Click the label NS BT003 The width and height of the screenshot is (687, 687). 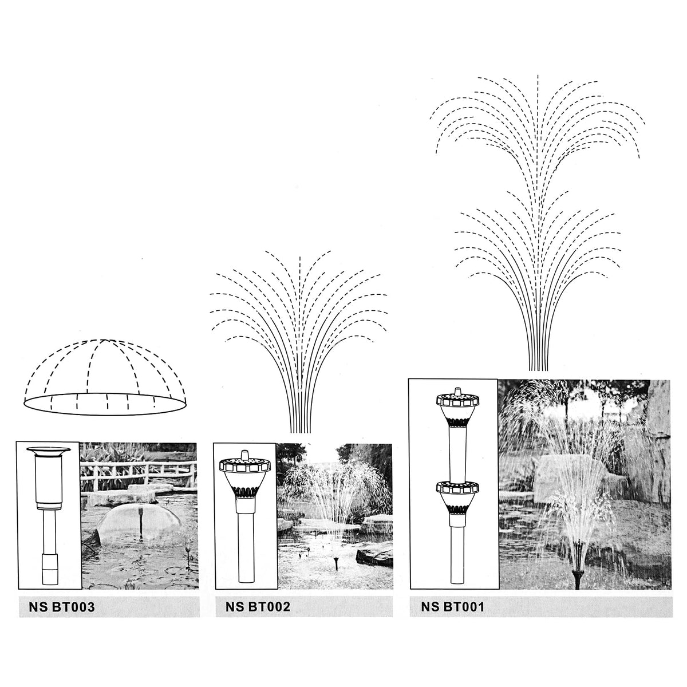[x=62, y=607]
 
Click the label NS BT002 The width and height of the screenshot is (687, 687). [x=258, y=606]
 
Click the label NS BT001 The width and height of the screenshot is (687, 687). [x=453, y=606]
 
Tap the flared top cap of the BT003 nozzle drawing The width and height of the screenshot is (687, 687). [x=49, y=451]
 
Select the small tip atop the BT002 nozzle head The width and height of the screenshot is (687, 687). [x=245, y=455]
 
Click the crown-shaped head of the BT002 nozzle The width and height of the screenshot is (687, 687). [x=245, y=465]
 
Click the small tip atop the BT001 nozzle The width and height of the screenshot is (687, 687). [x=458, y=391]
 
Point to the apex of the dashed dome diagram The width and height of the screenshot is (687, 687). [x=104, y=339]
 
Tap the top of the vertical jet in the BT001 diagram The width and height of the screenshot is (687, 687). [x=538, y=76]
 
